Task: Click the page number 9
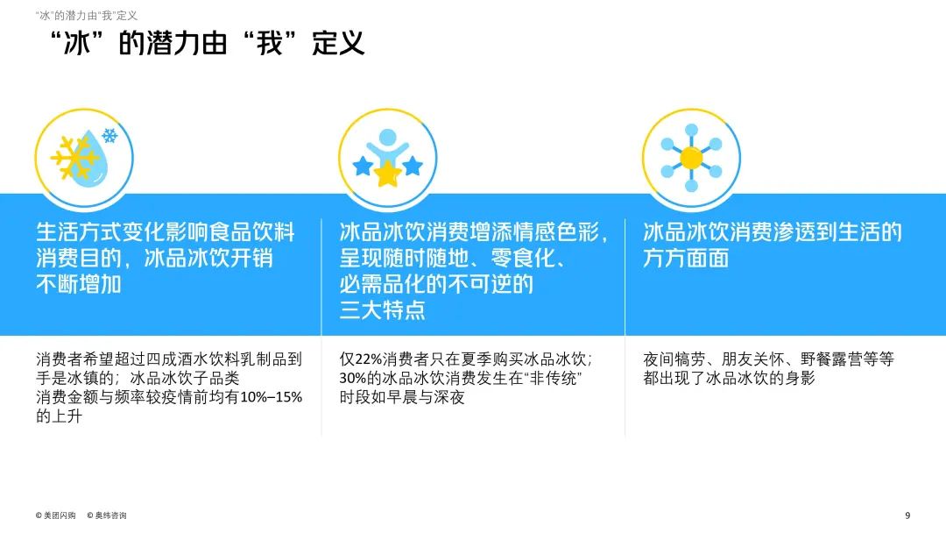click(x=907, y=515)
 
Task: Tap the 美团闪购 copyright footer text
click(x=56, y=515)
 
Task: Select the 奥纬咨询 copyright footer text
click(x=107, y=515)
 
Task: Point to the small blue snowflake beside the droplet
click(x=110, y=136)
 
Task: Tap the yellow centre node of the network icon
click(x=691, y=158)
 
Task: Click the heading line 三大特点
click(x=382, y=309)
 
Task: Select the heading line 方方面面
click(x=686, y=259)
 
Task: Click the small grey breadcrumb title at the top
click(x=87, y=15)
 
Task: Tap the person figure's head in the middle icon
click(x=386, y=138)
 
